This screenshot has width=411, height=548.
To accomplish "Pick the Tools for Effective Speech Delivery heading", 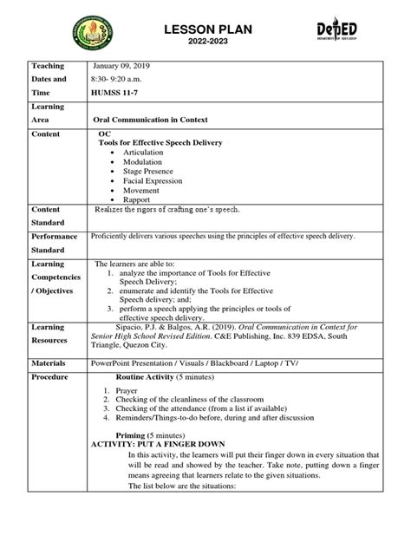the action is click(162, 142).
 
